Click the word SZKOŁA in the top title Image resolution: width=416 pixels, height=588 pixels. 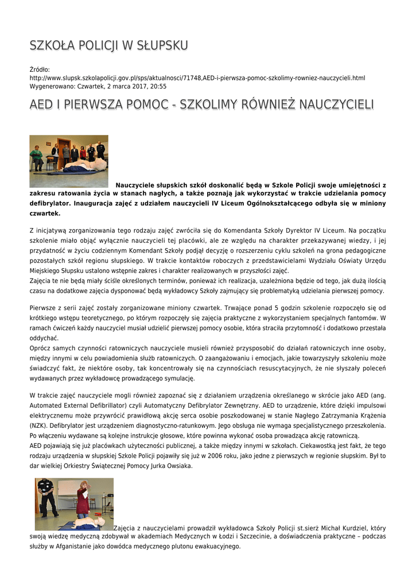pos(50,45)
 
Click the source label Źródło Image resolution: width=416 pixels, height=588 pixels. pos(40,69)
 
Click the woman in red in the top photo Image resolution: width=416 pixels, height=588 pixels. pos(83,152)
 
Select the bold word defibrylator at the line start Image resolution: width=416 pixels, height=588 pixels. pos(52,203)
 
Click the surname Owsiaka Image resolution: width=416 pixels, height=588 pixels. pos(178,466)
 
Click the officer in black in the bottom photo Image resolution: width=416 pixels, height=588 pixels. pos(46,497)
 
